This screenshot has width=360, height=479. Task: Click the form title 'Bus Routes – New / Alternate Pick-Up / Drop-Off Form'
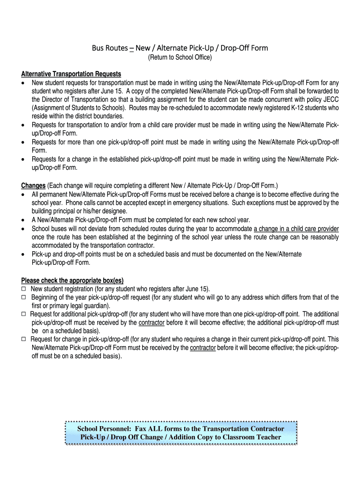tap(180, 48)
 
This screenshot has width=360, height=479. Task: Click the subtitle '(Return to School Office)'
tap(180, 58)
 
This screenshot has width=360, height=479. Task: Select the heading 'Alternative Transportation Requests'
tap(71, 74)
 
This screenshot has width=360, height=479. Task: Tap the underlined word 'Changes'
tap(33, 185)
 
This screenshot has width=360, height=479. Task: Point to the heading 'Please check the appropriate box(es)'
tap(72, 281)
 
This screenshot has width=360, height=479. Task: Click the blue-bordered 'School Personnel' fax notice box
tap(181, 433)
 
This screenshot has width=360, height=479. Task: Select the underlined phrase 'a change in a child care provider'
tap(296, 229)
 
